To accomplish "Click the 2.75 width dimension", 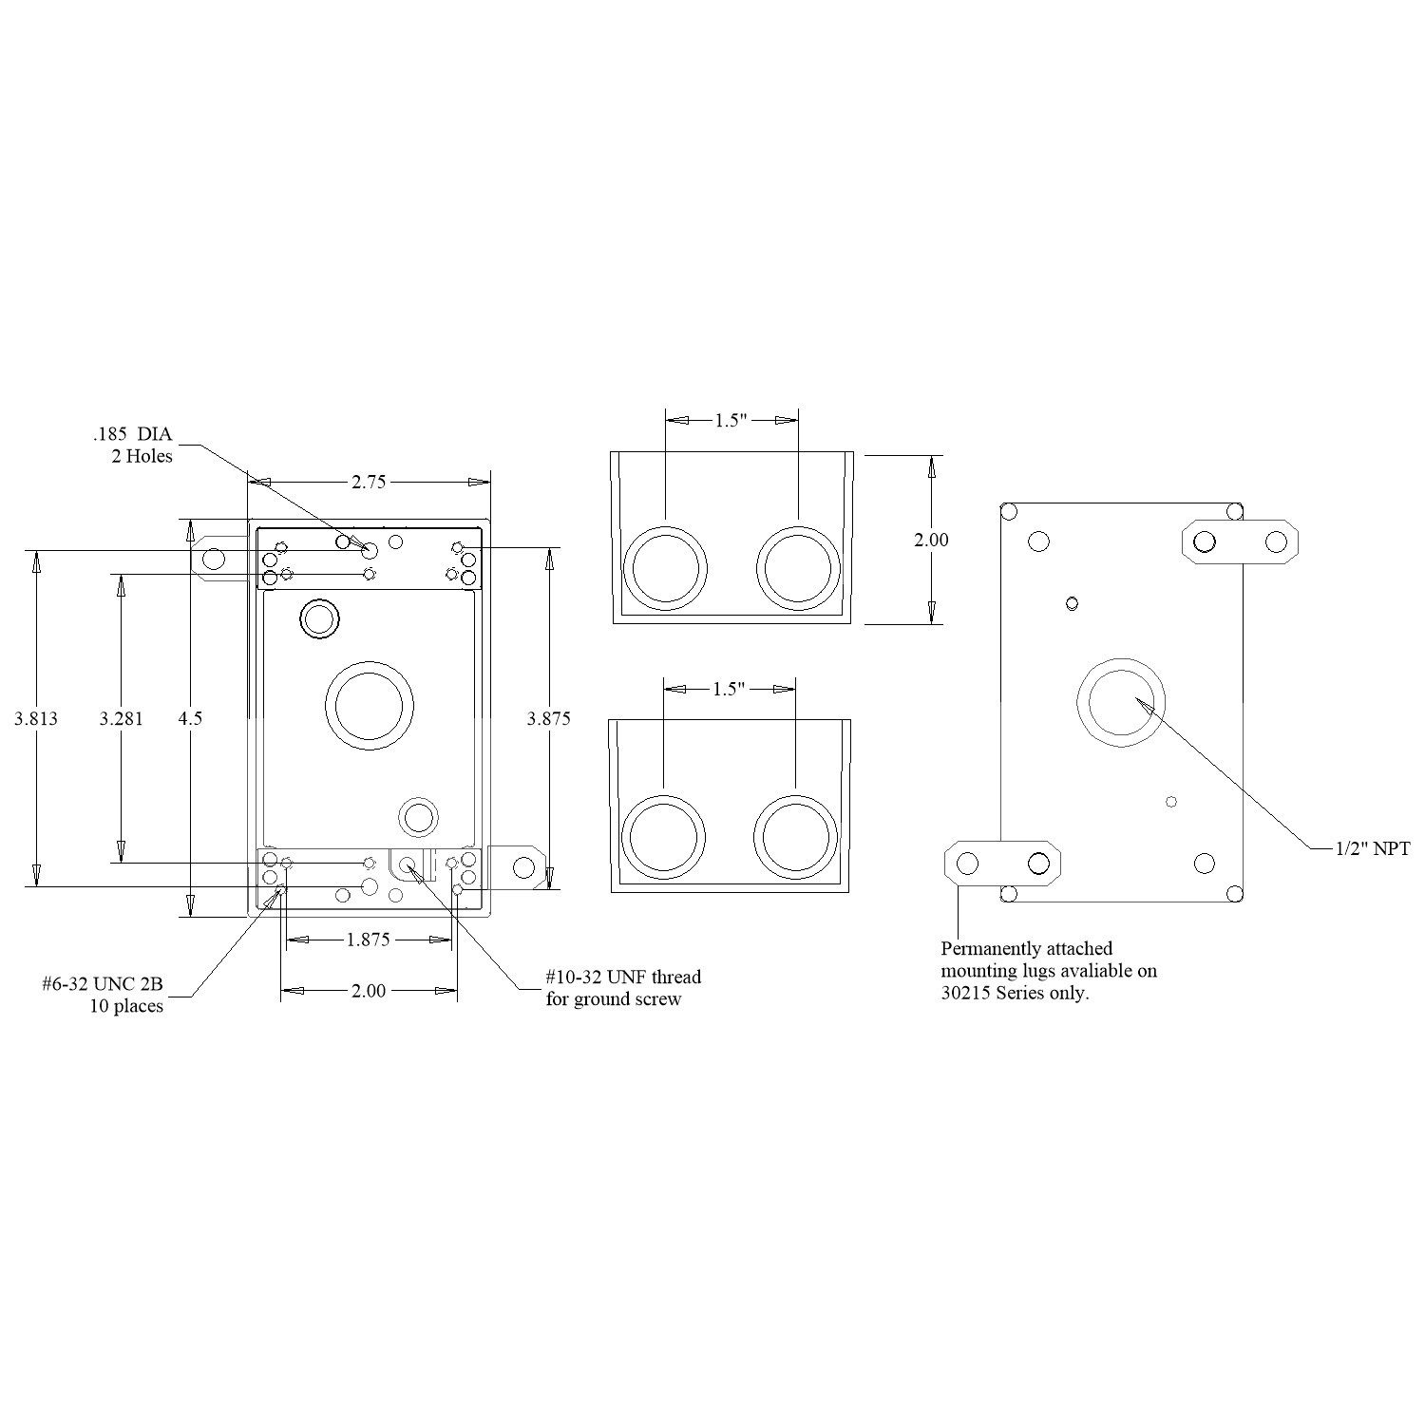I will pos(369,482).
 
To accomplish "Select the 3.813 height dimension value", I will pos(36,718).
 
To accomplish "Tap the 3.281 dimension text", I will pos(121,718).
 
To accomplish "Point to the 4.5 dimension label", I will pos(190,718).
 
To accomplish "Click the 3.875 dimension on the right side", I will pos(549,718).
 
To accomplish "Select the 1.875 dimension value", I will pos(369,940).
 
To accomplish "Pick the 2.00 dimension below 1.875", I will pos(369,991).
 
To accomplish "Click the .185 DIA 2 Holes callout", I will pos(133,446).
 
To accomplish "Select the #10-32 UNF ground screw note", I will pos(623,988).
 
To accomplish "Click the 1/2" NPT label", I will pos(1373,848).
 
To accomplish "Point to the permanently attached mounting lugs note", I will pos(1049,971).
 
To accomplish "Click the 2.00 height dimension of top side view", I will pos(931,540).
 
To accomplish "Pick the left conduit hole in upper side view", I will pos(667,568).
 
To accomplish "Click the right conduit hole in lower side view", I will pos(795,837).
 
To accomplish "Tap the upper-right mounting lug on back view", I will pos(1239,542).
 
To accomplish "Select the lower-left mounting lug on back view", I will pos(1002,864).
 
